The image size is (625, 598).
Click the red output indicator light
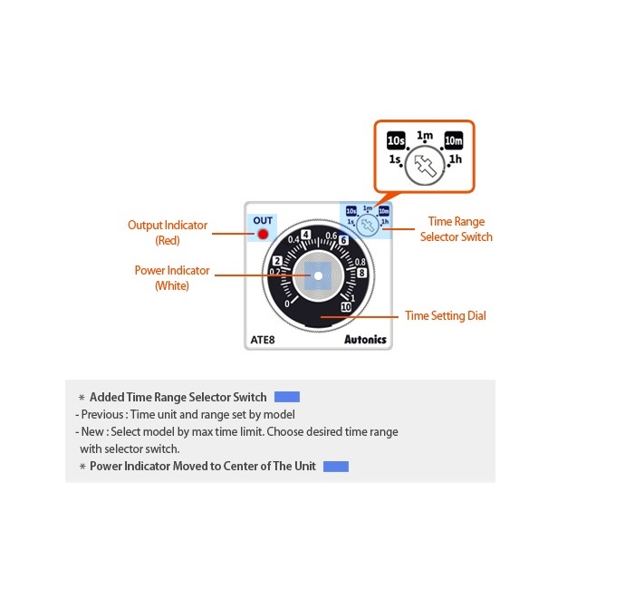coord(263,235)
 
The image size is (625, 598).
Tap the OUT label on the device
coord(263,220)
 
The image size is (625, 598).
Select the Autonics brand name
coord(365,340)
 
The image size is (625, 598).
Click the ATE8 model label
coord(263,341)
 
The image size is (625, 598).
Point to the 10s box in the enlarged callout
coord(396,141)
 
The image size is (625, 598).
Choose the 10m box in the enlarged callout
coord(453,141)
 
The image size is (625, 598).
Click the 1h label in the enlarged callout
coord(456,159)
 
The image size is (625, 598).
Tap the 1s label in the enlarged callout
coord(395,159)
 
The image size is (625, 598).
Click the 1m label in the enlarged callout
coord(425,136)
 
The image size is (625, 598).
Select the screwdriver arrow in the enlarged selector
coord(424,168)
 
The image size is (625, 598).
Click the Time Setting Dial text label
coord(445,316)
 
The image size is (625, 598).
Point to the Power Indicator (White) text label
coord(172,278)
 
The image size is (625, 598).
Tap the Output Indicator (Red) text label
coord(168,233)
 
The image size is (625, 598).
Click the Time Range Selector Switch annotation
coord(457,229)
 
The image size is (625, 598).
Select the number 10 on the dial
coord(346,308)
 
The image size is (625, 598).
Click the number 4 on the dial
coord(305,235)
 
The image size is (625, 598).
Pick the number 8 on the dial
coord(361,272)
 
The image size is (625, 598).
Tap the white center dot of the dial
coord(318,275)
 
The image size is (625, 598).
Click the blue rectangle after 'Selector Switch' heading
coord(287,397)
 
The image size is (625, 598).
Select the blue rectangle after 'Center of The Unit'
coord(336,467)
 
